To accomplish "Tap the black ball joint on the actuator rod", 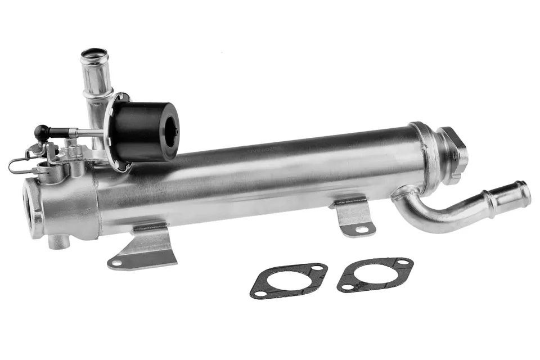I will (40, 132).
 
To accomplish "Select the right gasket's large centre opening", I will (375, 274).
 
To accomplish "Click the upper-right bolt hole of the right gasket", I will (403, 263).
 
